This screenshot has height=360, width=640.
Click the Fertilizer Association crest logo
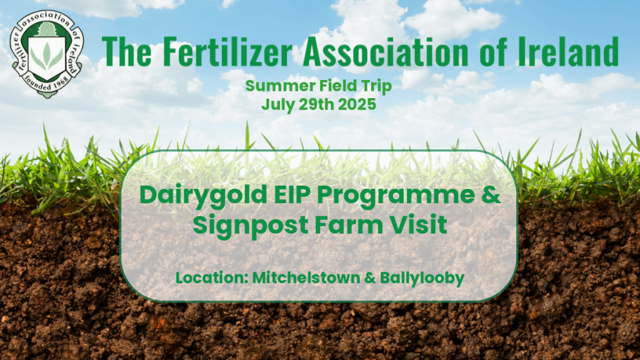46,54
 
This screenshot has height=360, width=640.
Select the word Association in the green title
385,52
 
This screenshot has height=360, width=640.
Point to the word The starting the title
127,52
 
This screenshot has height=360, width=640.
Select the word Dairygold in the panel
203,196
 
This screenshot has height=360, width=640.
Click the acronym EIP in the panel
292,194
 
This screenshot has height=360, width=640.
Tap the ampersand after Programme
491,194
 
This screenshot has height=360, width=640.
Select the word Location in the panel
212,278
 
